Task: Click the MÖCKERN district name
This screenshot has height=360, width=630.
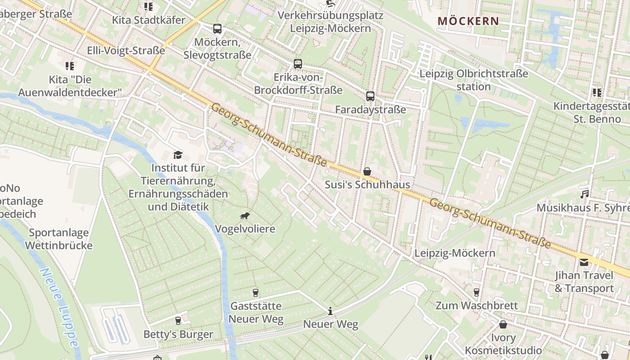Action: [468, 21]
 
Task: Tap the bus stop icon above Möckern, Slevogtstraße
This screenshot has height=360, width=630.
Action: [217, 29]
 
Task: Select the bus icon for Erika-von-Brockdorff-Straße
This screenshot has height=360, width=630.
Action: [298, 64]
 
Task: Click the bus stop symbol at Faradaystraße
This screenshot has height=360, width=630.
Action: [370, 96]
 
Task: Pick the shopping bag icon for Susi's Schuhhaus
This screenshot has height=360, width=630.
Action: [367, 171]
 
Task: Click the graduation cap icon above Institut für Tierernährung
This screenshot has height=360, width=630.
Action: [178, 155]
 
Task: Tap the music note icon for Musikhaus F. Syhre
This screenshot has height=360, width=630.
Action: [585, 194]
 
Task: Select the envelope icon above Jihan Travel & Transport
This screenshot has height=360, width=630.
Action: [584, 262]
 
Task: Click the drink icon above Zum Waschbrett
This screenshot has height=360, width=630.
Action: [477, 292]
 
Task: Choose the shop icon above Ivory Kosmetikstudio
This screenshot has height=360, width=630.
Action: [503, 324]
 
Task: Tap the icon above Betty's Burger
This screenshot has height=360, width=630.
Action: [178, 321]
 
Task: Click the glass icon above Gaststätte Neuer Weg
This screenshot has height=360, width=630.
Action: [256, 293]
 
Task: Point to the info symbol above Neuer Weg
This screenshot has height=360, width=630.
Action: [330, 311]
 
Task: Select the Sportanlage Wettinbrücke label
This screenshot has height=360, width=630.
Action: [58, 239]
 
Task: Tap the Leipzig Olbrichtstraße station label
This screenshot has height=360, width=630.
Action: [473, 80]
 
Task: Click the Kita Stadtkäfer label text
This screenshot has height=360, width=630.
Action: [148, 20]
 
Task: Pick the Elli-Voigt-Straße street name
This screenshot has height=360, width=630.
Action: [126, 50]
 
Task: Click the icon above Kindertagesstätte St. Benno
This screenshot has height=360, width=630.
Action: [597, 93]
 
